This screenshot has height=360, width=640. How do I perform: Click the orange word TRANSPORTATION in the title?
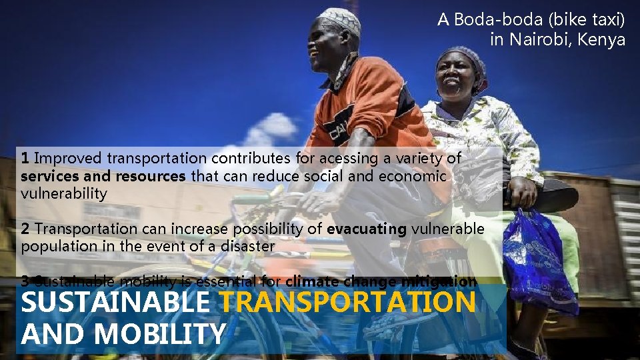(347, 303)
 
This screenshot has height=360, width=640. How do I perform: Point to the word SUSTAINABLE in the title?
(115, 303)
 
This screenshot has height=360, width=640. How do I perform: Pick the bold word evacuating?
(367, 229)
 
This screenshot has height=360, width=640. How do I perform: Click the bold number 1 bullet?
(25, 158)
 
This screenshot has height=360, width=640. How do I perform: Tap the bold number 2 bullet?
(25, 229)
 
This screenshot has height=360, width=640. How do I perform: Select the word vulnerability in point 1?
(64, 194)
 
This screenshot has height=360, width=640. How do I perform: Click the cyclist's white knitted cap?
(339, 21)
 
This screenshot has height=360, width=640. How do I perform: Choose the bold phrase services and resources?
(103, 176)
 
